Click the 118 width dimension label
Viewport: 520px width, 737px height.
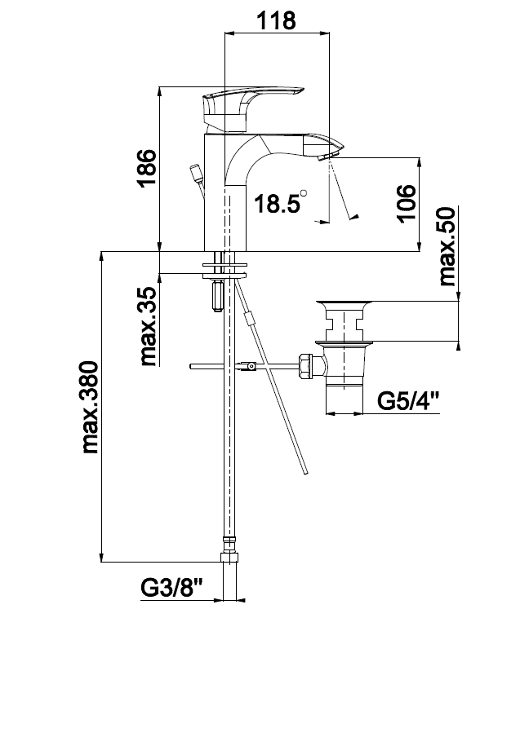[x=276, y=21]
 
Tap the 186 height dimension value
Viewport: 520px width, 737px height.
[x=146, y=168]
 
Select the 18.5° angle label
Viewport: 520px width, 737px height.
[x=281, y=202]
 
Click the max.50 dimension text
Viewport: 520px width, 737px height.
[x=447, y=246]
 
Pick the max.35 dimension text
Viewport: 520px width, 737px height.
[x=147, y=327]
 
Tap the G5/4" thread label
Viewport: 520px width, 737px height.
[x=408, y=401]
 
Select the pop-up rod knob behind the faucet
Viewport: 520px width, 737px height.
[x=196, y=174]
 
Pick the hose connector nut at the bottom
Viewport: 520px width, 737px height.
[x=229, y=558]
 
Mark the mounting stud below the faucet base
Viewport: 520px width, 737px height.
[x=218, y=296]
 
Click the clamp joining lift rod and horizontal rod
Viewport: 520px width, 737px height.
[x=249, y=366]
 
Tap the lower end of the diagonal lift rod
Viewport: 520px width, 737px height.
[x=306, y=474]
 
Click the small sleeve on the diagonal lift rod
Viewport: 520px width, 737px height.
[x=251, y=319]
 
